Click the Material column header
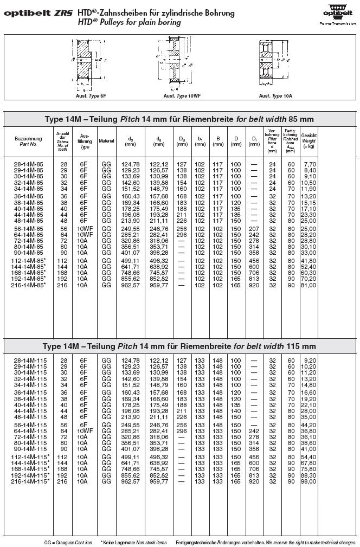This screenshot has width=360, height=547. tap(106, 141)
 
